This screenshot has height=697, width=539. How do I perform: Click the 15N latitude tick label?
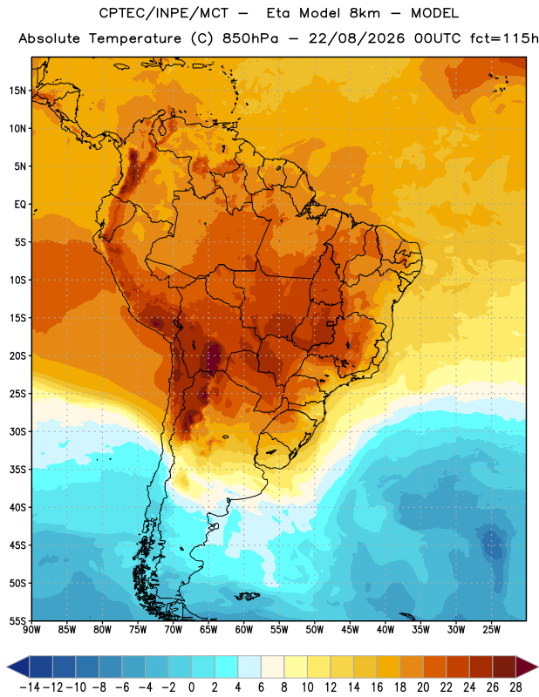pos(17,91)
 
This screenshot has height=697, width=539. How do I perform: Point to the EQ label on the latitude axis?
pos(20,205)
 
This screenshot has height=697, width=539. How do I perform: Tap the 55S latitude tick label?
pos(17,621)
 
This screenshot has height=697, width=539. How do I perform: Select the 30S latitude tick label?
pos(17,431)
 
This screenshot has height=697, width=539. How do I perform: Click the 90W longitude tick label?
pos(31,630)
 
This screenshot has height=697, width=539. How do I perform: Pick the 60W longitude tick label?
pos(244,630)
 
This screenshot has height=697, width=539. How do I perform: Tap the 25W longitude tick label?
pos(491,630)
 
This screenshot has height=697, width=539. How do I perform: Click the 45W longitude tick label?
pos(350,630)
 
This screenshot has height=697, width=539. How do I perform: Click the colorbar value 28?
pos(515,687)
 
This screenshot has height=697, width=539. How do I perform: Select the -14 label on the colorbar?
pos(30,687)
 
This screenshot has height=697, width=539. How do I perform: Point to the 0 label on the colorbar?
pos(192,687)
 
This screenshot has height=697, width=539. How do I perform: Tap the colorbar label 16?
pos(377,687)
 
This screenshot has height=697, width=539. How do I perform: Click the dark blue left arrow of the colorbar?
pos(18,667)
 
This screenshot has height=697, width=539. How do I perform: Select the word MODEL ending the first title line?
pos(434,13)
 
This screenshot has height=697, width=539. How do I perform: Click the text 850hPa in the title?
pos(250,38)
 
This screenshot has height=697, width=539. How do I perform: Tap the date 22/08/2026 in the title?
pos(357,38)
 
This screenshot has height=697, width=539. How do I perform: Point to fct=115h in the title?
pos(504,38)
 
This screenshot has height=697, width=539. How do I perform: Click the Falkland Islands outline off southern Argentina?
pos(247,596)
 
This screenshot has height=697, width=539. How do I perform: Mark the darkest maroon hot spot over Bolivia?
pos(214,355)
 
